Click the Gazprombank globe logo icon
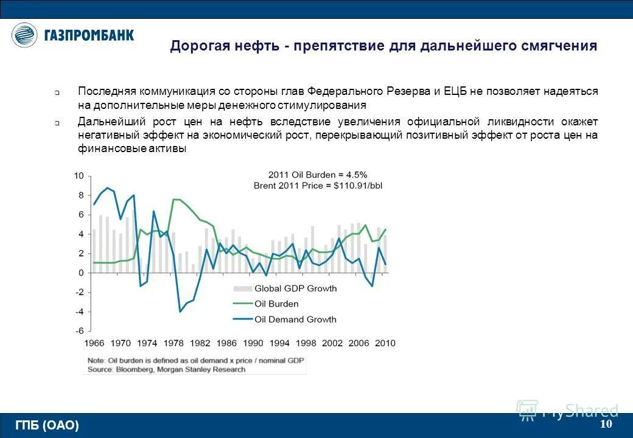coord(25,35)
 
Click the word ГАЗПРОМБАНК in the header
coord(89,35)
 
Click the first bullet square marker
coord(56,94)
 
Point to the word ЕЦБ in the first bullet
coord(454,91)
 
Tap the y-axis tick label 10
coord(79,176)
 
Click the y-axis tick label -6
coord(79,332)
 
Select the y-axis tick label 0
coord(81,273)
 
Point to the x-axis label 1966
coord(94,344)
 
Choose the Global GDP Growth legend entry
coord(295,288)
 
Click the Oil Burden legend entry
coord(276,304)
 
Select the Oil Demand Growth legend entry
coord(295,319)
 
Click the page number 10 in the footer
coord(606,424)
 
